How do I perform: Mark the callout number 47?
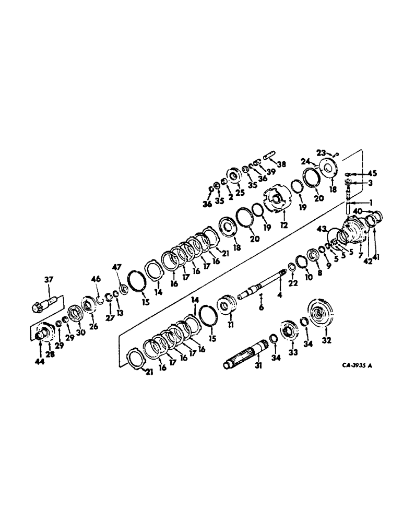(x=116, y=267)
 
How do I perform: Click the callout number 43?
(x=321, y=229)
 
